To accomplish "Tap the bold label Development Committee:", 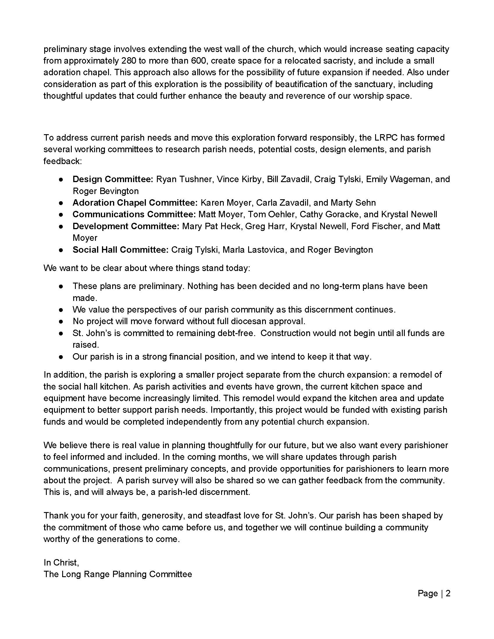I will pos(126,226).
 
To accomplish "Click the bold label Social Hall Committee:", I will pos(121,250).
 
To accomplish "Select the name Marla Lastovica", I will pos(254,250).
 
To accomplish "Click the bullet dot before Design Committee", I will pos(61,179).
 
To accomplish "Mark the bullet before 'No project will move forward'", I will pos(61,322).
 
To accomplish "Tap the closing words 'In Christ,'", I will pos(61,562).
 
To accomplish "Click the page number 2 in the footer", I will pos(448,593).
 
